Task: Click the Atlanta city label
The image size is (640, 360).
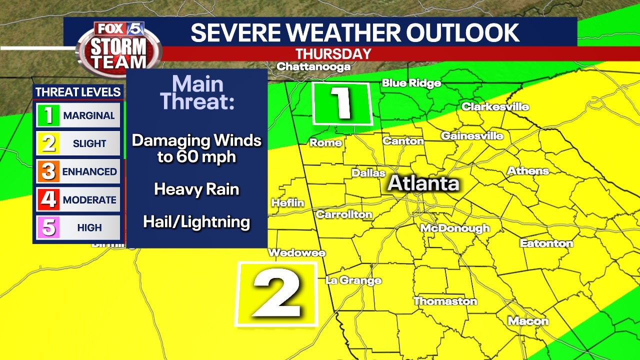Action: [423, 183]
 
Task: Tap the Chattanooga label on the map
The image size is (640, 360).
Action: [313, 66]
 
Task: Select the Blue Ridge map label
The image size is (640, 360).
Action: [411, 83]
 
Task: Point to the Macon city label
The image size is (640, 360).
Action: [528, 321]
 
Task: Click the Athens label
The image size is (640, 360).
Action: [528, 171]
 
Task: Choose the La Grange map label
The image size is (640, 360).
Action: [353, 280]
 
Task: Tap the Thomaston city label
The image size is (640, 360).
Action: [445, 301]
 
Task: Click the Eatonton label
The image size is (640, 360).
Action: [546, 243]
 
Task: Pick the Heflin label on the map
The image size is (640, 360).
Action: [287, 203]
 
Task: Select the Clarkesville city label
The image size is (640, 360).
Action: [495, 106]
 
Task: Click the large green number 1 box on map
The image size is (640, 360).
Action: [342, 103]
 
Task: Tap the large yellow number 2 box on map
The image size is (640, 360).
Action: [276, 294]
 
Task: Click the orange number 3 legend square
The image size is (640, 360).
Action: [48, 171]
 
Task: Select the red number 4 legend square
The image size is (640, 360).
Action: [48, 199]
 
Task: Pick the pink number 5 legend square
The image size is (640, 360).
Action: [48, 227]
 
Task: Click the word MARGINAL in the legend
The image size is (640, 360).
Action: [89, 115]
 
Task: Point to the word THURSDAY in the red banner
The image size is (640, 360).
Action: [333, 54]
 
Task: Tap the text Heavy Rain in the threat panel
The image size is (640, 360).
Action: [196, 189]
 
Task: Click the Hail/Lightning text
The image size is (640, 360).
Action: [196, 222]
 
